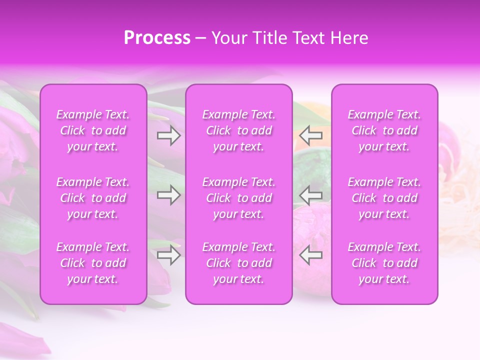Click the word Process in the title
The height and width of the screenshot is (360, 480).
point(157,38)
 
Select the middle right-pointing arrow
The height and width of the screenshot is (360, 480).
point(168,195)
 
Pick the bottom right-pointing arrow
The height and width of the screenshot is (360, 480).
point(168,255)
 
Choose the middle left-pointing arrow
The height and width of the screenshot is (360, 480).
point(310,195)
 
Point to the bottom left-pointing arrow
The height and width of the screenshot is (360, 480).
point(310,255)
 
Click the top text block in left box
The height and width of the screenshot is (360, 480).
point(93,130)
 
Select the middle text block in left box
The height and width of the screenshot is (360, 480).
point(93,198)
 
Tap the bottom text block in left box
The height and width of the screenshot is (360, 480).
point(93,263)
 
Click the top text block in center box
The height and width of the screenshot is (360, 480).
point(239,130)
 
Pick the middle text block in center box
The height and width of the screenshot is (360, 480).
point(239,198)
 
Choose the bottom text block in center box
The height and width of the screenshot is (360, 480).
point(239,263)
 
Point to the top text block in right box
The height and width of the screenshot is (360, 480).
point(384,130)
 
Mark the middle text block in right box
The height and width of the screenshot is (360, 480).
point(384,198)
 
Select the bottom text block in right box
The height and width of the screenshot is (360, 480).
point(384,263)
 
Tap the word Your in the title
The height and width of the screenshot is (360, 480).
point(228,38)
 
